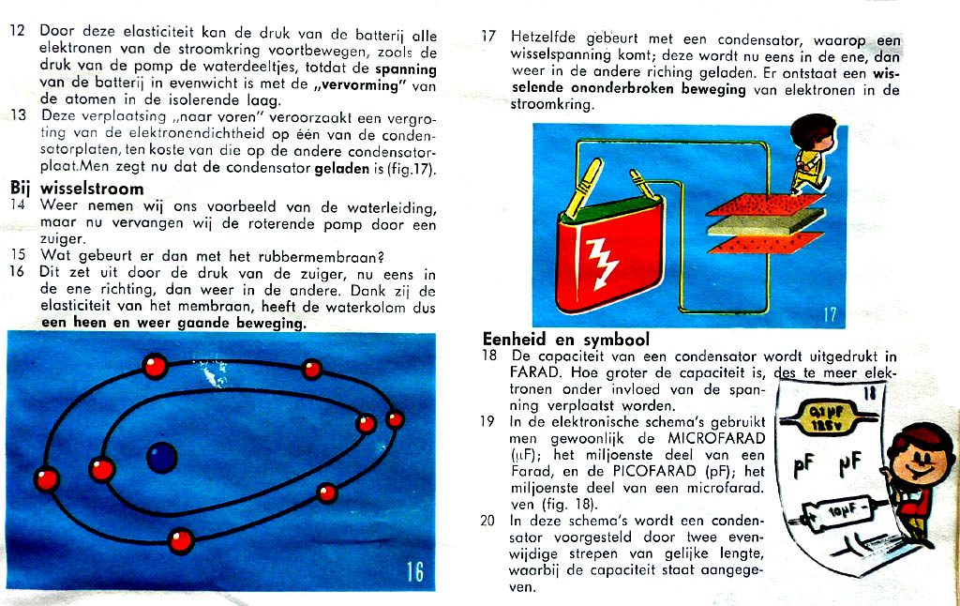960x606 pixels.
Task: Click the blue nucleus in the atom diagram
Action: pos(162,458)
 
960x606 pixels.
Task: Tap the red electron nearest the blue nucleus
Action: pos(101,467)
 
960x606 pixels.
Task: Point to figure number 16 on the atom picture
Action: pos(414,570)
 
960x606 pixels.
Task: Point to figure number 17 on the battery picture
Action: pos(829,314)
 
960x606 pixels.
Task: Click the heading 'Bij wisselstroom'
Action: pos(77,189)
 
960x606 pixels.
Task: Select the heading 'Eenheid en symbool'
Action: pos(566,339)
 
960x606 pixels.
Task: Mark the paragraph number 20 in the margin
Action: pos(487,520)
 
